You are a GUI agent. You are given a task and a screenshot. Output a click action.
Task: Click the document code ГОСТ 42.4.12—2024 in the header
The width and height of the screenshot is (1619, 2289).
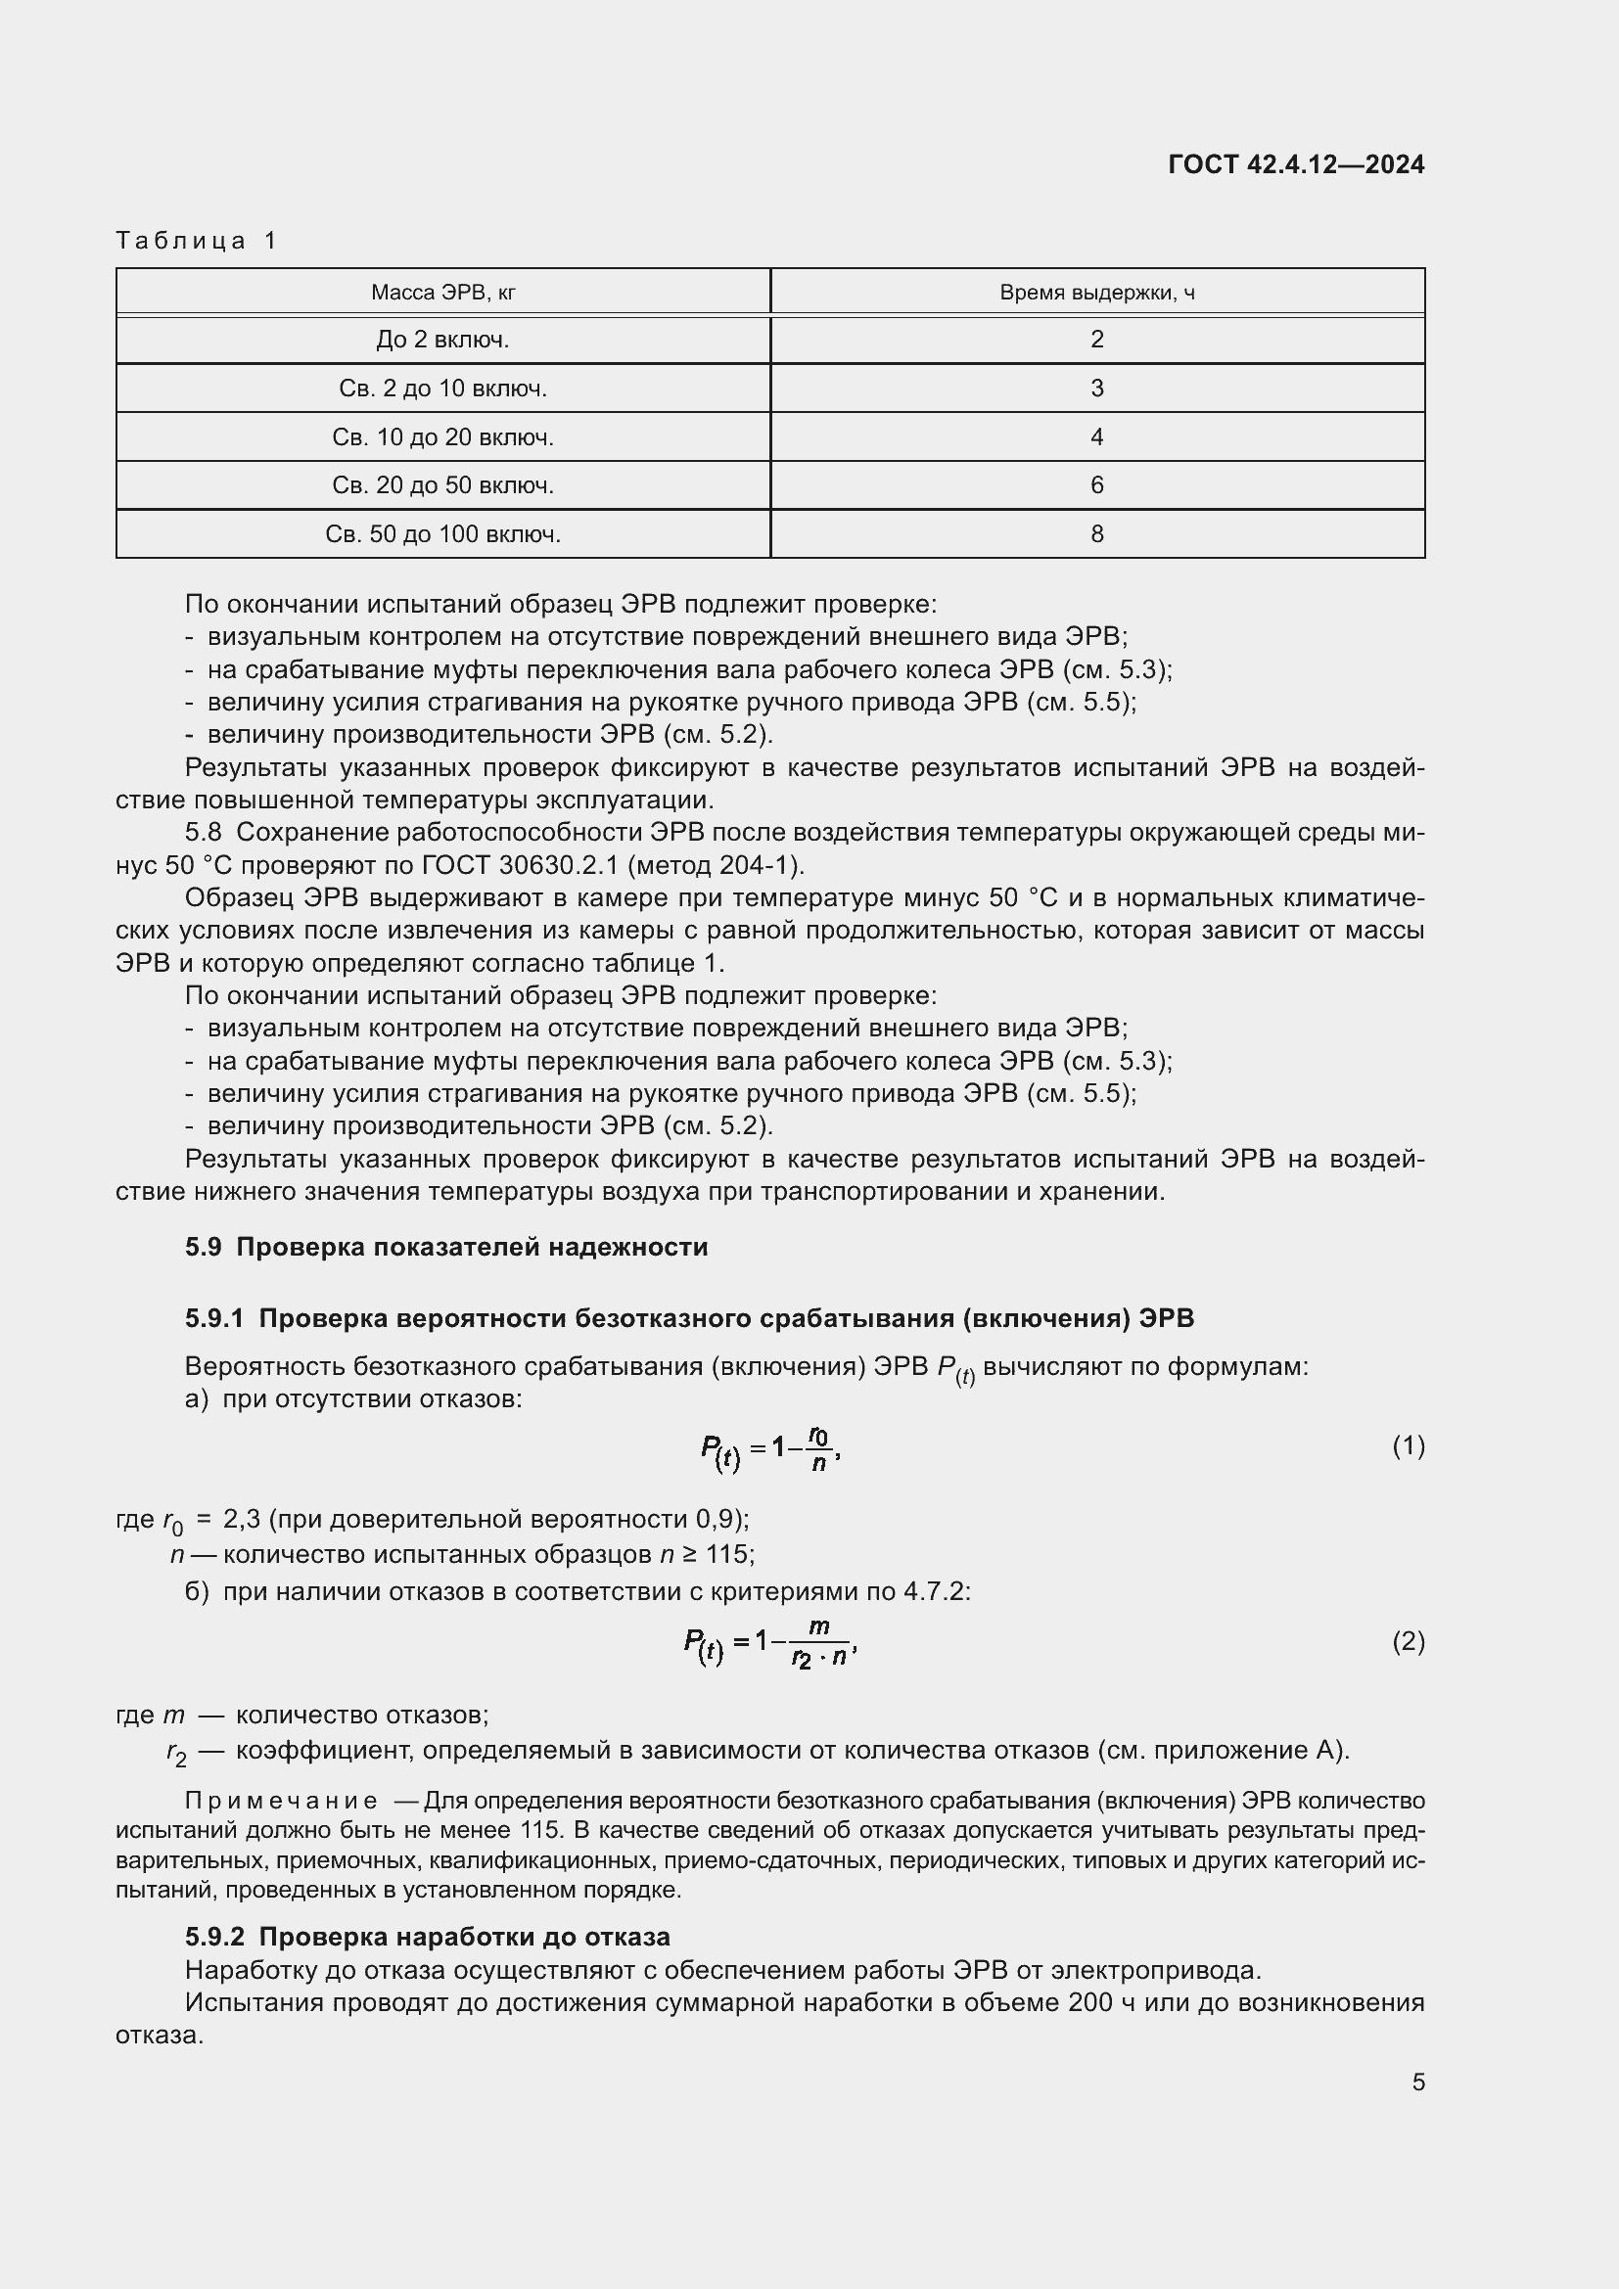(1295, 164)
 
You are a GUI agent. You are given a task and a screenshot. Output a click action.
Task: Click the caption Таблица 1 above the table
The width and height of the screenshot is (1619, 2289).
(197, 241)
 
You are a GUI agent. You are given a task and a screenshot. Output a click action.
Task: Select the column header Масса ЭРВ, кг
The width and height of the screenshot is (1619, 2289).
(442, 292)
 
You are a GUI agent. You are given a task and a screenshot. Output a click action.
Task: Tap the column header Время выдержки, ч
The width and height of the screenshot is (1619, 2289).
(1096, 292)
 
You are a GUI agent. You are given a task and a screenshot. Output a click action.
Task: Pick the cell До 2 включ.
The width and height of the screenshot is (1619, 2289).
(442, 340)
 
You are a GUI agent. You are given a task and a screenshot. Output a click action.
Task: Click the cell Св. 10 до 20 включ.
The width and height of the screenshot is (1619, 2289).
(442, 436)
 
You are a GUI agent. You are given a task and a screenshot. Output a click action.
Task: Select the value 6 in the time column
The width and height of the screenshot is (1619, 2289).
(1096, 485)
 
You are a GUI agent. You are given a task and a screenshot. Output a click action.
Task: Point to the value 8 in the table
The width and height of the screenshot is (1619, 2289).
(1096, 534)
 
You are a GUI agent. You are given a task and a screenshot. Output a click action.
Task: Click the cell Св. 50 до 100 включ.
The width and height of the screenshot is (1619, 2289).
(442, 534)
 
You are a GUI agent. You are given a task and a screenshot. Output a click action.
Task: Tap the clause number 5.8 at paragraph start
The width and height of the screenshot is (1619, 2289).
(204, 832)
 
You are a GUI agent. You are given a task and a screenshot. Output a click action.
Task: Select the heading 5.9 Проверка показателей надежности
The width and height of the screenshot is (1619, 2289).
(445, 1247)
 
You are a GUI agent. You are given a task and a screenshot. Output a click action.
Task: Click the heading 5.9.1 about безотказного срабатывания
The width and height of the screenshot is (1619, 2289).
(689, 1318)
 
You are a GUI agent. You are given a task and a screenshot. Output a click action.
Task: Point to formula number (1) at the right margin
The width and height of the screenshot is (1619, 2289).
(1408, 1445)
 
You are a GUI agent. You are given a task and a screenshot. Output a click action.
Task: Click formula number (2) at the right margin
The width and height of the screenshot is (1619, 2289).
(1408, 1641)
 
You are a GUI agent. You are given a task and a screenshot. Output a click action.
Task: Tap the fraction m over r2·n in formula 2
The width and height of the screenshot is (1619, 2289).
(818, 1643)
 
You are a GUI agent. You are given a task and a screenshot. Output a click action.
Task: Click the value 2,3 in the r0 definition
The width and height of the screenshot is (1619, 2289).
(242, 1519)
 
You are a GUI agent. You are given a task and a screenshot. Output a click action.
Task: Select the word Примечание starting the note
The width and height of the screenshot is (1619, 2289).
(281, 1801)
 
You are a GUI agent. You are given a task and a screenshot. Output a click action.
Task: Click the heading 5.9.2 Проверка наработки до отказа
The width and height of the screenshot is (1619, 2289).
(427, 1936)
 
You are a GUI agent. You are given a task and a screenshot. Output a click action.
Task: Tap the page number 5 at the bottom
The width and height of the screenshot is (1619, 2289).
(1417, 2082)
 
